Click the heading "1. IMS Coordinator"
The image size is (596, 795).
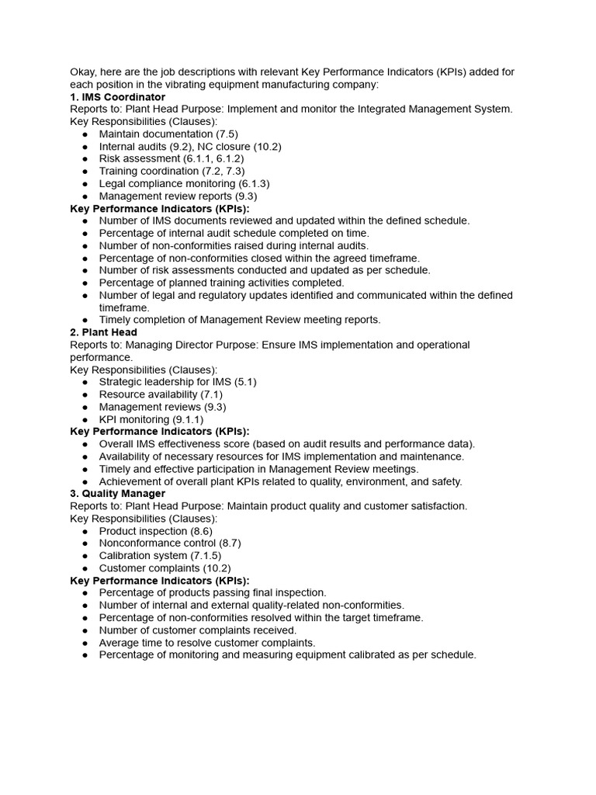click(117, 97)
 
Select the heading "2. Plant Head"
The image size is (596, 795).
click(103, 332)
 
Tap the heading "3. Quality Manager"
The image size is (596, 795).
click(117, 494)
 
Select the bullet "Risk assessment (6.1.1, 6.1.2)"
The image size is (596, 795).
click(171, 159)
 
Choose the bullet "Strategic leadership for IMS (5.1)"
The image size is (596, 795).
click(178, 382)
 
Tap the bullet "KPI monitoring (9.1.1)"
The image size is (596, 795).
click(151, 419)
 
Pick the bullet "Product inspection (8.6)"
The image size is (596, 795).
click(155, 531)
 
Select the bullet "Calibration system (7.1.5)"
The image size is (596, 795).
click(160, 556)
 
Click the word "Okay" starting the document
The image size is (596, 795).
click(83, 72)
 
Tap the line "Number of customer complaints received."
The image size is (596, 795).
click(198, 630)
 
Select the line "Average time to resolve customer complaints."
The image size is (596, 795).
click(207, 643)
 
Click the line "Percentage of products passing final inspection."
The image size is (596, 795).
click(213, 593)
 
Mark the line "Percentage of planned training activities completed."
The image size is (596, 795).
click(221, 283)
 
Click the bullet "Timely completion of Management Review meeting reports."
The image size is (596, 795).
click(240, 320)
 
